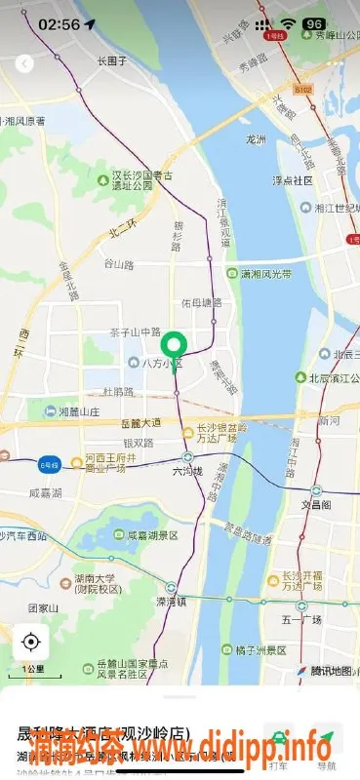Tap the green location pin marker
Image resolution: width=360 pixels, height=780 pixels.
174,346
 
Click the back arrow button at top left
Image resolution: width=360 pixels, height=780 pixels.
25,63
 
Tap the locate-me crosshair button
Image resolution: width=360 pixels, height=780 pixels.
30,642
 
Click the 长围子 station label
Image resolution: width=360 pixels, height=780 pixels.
112,60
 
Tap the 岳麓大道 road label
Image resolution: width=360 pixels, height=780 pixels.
142,423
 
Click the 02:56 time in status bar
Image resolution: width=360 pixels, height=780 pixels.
59,23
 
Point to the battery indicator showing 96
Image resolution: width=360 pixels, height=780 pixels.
314,23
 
